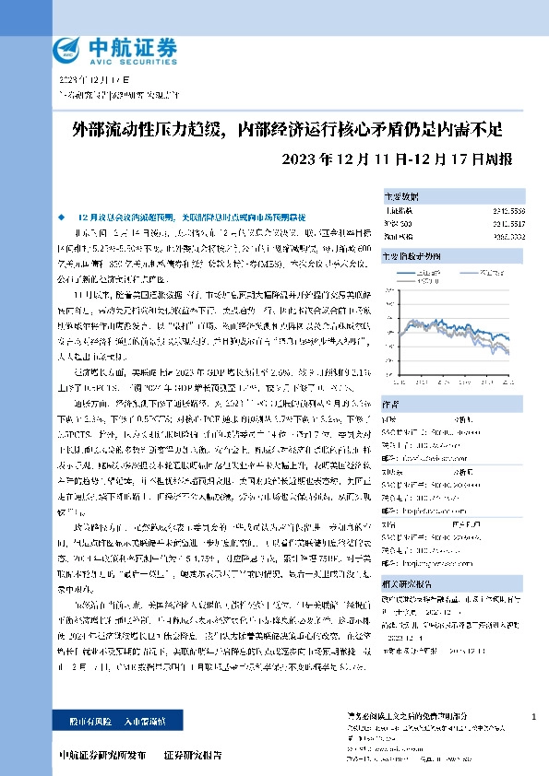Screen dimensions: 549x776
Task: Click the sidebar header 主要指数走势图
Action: point(413,254)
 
